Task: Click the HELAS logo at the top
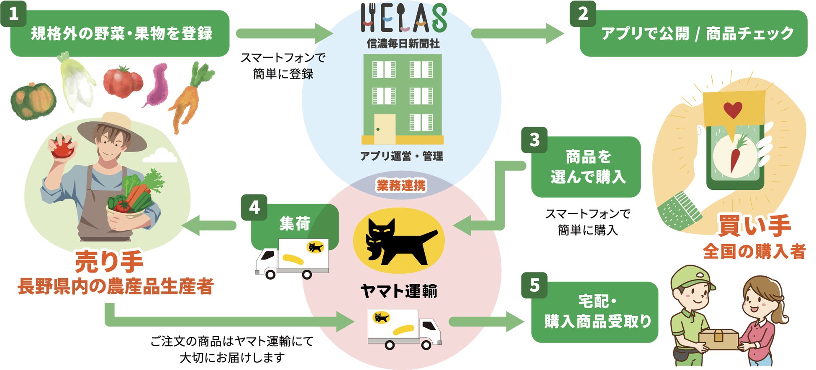pyautogui.click(x=403, y=18)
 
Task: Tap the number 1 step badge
pyautogui.click(x=13, y=14)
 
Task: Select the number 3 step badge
pyautogui.click(x=534, y=140)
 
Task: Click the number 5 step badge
pyautogui.click(x=534, y=285)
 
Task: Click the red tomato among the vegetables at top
pyautogui.click(x=122, y=82)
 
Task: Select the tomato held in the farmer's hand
pyautogui.click(x=62, y=147)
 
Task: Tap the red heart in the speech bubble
pyautogui.click(x=733, y=110)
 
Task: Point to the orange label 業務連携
pyautogui.click(x=401, y=185)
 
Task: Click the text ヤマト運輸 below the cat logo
pyautogui.click(x=398, y=291)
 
